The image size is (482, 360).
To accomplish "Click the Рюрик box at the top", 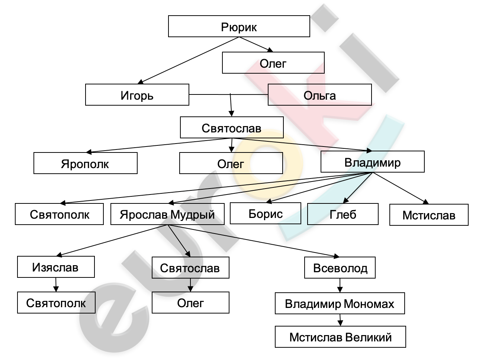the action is [x=239, y=26].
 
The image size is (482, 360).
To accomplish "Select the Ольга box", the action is [x=320, y=94].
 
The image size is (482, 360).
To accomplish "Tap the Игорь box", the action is [x=137, y=94].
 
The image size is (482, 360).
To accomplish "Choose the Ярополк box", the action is [x=86, y=163].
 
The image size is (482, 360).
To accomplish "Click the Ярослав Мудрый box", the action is [x=167, y=214].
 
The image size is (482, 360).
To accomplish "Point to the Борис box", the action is [x=266, y=213].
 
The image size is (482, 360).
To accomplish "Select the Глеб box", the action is [x=343, y=214].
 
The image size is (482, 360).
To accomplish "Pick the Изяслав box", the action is [x=56, y=267].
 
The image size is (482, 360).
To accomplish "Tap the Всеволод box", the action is [x=340, y=268].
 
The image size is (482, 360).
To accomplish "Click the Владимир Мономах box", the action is [x=340, y=303].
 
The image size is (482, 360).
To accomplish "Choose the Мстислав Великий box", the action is [x=340, y=337].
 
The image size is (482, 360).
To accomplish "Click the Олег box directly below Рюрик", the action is [x=273, y=62].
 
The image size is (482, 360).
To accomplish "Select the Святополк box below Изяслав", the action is [x=56, y=302].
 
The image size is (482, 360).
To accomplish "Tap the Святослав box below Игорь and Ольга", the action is [x=232, y=127].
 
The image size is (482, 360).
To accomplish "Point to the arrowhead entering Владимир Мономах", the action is [x=340, y=290].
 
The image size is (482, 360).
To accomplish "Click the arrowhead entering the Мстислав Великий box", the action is [x=340, y=323].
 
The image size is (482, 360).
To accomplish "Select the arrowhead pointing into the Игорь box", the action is [x=141, y=82].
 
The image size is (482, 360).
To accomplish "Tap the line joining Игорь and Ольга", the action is [x=228, y=94].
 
